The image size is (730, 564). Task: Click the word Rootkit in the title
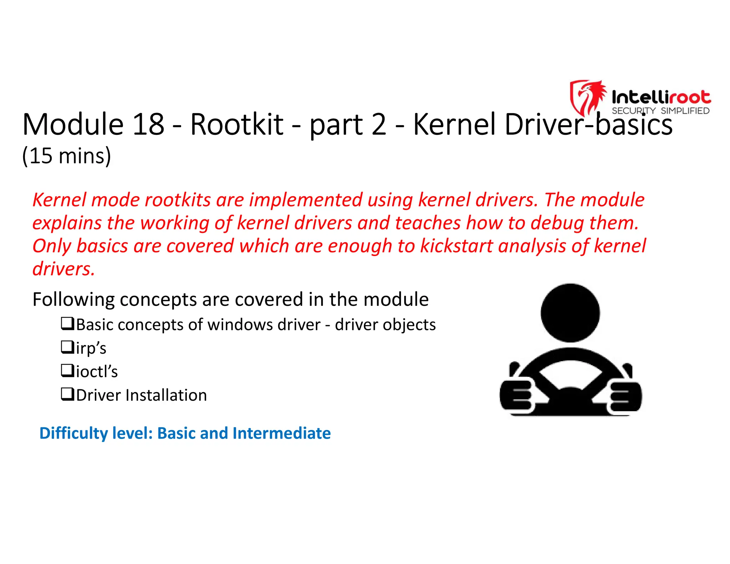237,124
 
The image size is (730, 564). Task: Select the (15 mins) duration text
67,156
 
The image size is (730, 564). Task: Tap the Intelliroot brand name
661,97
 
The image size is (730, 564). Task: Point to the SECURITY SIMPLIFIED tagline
660,111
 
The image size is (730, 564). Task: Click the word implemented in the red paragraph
305,200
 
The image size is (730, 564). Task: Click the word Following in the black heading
73,299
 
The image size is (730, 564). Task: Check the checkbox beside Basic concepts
67,324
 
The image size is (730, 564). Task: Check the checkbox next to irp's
67,347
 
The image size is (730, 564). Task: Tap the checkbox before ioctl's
67,371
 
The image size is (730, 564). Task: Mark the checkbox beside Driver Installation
67,394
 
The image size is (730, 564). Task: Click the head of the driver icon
570,313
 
